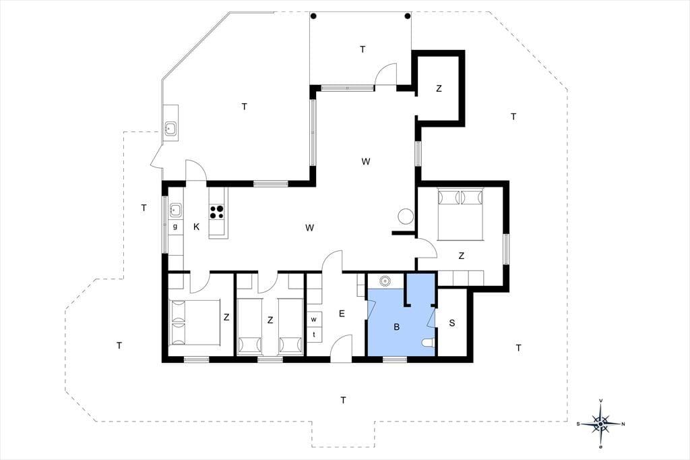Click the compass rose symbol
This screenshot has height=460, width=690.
(x=600, y=424)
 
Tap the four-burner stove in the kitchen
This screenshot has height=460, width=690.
(x=216, y=212)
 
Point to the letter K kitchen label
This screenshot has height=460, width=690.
(x=197, y=227)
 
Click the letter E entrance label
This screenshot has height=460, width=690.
(x=342, y=314)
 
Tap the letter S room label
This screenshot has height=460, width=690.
(x=452, y=323)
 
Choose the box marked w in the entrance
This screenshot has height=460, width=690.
(x=314, y=320)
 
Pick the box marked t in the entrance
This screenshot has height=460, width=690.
(x=314, y=335)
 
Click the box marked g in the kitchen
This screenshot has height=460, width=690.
(x=176, y=227)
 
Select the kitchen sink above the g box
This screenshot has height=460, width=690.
(x=176, y=210)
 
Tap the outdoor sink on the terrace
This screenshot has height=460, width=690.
(x=170, y=128)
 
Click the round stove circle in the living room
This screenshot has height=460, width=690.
(x=405, y=217)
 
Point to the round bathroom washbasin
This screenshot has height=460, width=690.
(x=385, y=280)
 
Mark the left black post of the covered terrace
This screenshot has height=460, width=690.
(x=313, y=16)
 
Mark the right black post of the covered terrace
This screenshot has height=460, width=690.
(x=408, y=16)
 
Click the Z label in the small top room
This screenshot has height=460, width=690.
(x=439, y=88)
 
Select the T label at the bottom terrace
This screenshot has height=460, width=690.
(x=343, y=400)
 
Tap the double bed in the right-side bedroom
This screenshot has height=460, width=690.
(x=460, y=214)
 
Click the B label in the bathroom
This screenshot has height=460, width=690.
(x=397, y=327)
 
